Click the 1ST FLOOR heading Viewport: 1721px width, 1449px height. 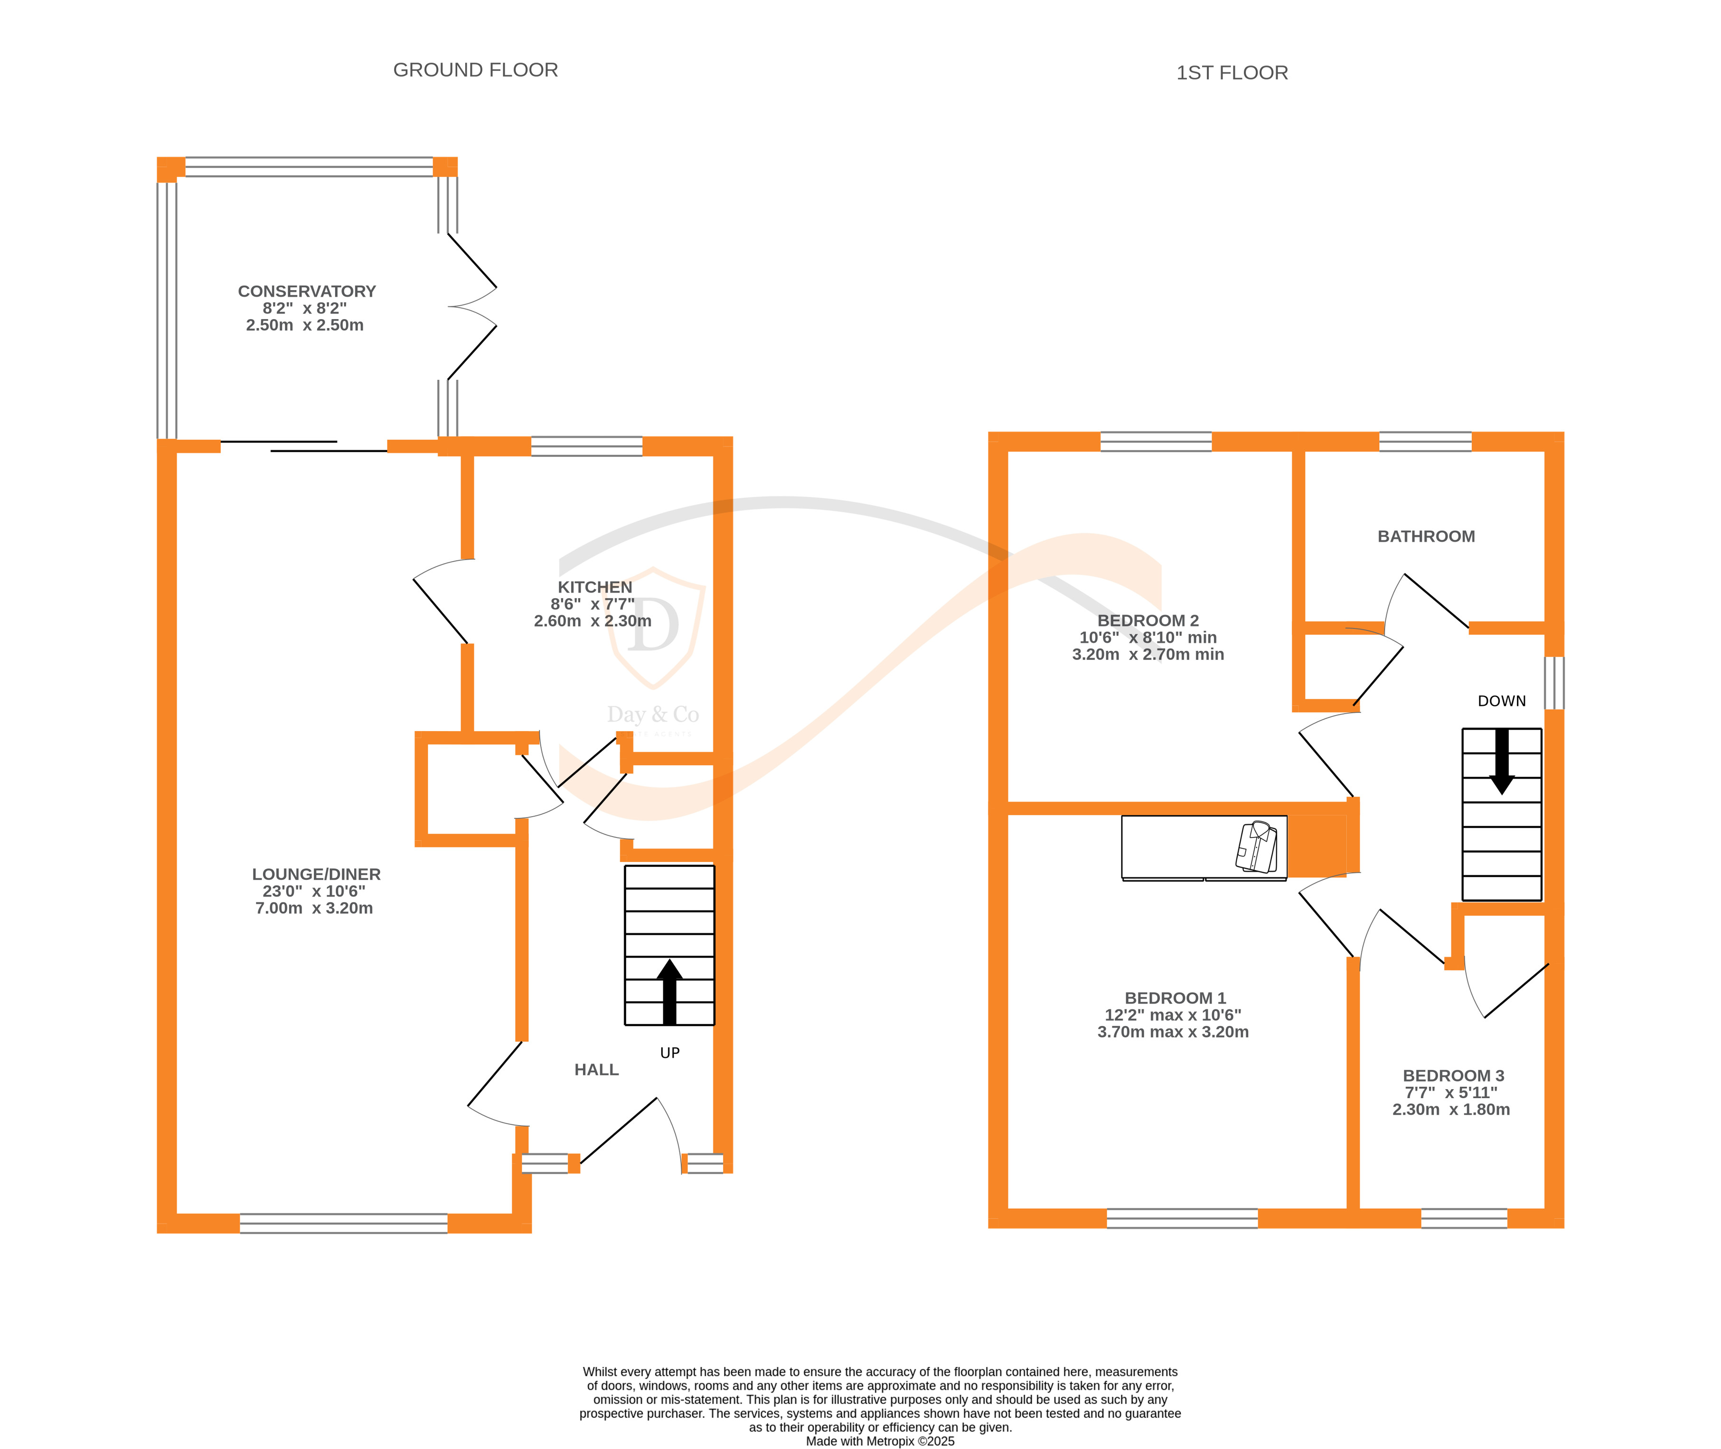click(1232, 73)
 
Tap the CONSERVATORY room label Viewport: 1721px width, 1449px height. click(306, 292)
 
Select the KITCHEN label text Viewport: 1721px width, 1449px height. click(595, 587)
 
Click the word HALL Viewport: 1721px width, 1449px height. click(596, 1070)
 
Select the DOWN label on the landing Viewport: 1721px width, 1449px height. click(1502, 701)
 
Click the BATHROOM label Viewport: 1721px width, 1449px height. click(1426, 536)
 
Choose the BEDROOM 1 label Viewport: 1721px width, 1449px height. click(1175, 998)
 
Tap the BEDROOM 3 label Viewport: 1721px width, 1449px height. click(1453, 1075)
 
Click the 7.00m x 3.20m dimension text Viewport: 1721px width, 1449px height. click(314, 908)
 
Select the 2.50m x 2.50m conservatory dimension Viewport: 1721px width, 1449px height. click(305, 325)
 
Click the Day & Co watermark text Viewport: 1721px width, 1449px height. click(653, 715)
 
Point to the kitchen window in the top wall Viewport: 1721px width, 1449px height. click(586, 446)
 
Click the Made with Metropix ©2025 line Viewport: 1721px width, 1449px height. click(880, 1441)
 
